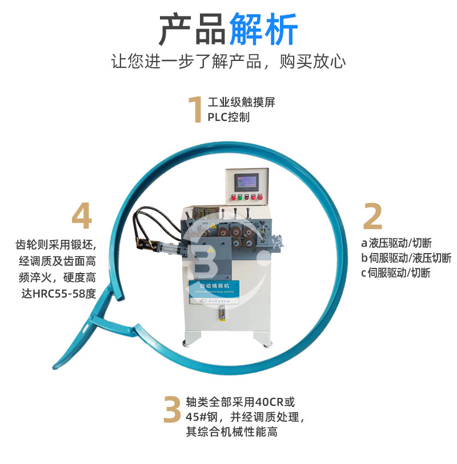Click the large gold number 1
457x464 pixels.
(x=196, y=109)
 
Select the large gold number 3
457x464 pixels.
(x=172, y=409)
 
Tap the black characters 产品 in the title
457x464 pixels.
(x=193, y=30)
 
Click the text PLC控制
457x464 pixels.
(x=228, y=117)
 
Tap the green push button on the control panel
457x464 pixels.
(x=239, y=197)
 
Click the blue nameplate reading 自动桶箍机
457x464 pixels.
(x=220, y=286)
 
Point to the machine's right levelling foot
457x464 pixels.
(x=265, y=344)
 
